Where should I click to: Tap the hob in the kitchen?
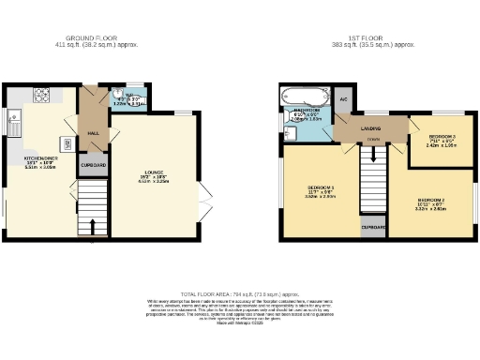[x=43, y=95]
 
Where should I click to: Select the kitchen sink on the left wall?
[x=13, y=120]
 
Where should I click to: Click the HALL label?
[x=94, y=134]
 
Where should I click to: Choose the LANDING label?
[x=372, y=129]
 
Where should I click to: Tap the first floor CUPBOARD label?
[x=372, y=226]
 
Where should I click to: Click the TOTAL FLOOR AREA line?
[x=239, y=294]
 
